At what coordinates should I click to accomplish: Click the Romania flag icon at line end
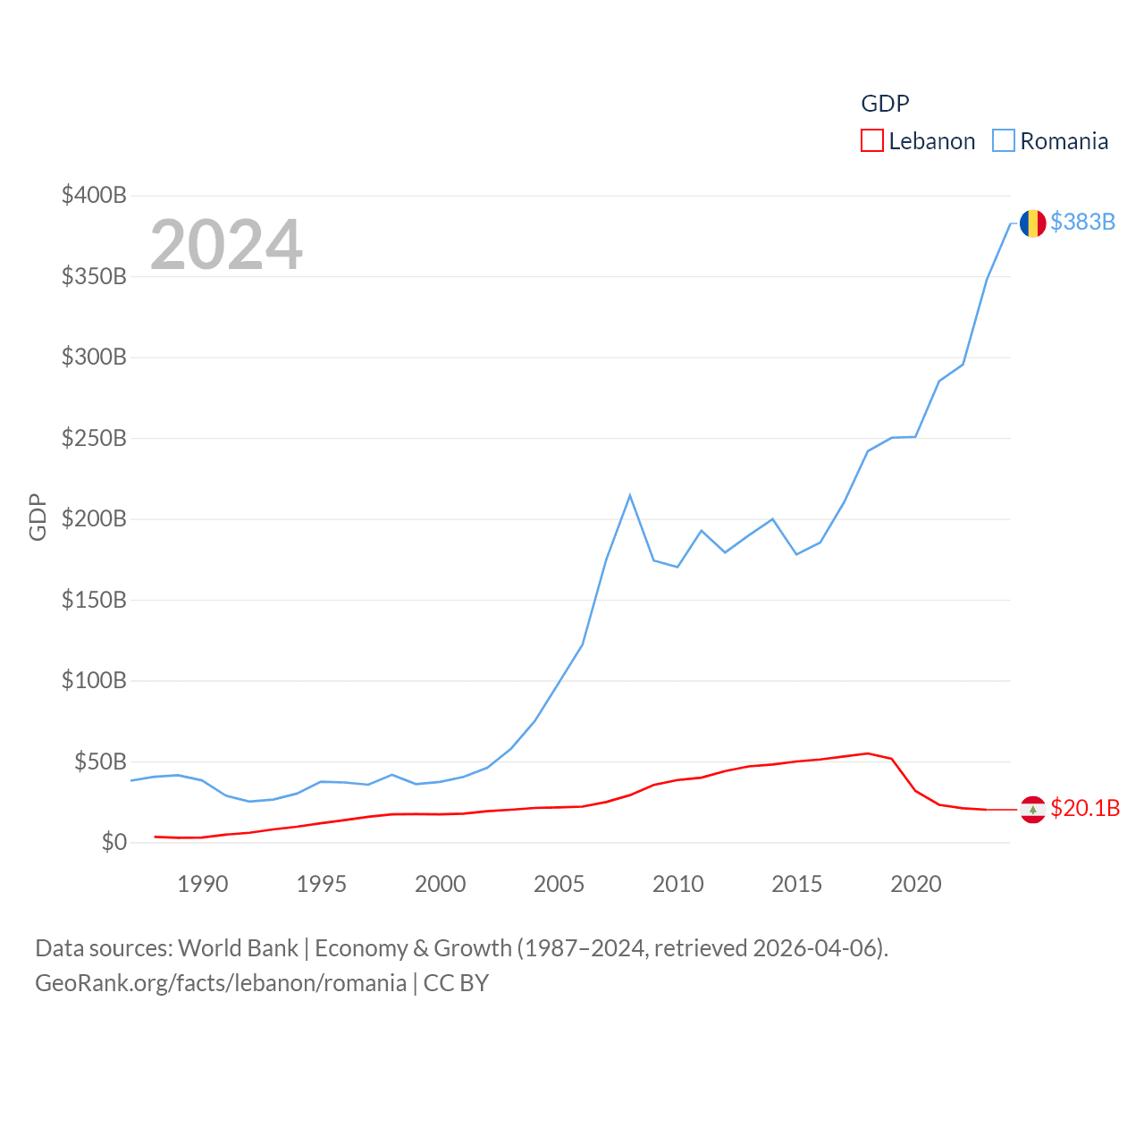click(1032, 223)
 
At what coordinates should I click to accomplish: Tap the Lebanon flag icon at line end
click(1032, 809)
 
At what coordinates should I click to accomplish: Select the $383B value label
click(1082, 222)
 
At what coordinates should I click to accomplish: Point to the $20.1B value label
click(1084, 808)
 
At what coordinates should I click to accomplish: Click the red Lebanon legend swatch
click(871, 141)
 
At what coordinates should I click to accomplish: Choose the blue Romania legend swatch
click(1004, 141)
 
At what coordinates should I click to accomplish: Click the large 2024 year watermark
click(226, 245)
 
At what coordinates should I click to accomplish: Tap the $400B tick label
click(94, 195)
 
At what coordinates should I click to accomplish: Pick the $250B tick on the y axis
click(94, 438)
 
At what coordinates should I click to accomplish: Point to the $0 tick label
click(114, 842)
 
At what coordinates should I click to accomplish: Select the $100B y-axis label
click(94, 680)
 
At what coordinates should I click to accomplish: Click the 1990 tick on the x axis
click(202, 884)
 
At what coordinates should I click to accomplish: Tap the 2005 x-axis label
click(559, 884)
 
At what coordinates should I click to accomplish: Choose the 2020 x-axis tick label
click(915, 884)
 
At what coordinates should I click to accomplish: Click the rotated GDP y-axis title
click(38, 517)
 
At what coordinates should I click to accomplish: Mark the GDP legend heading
click(885, 104)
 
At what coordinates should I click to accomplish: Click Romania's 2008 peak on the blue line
click(630, 495)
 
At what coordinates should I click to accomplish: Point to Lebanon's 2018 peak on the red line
click(868, 753)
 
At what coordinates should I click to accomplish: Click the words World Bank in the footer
click(238, 947)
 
